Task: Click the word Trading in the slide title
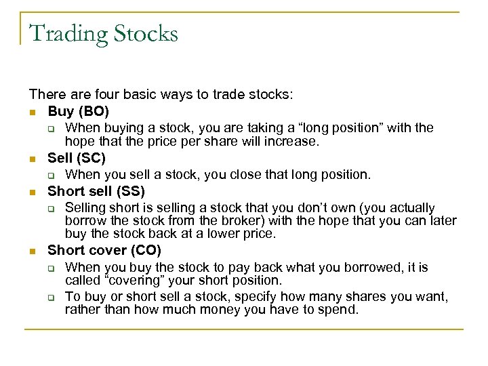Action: (x=66, y=33)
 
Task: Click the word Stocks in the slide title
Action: (x=144, y=33)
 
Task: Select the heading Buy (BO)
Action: (x=78, y=110)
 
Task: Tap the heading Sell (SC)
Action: (x=77, y=159)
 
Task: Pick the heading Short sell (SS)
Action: (x=96, y=191)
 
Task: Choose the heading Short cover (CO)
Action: (x=104, y=251)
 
